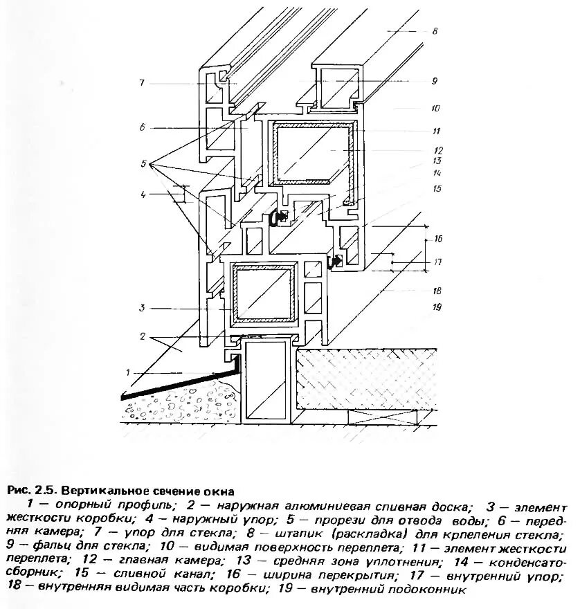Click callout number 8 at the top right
[x=435, y=31]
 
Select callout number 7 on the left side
[x=141, y=83]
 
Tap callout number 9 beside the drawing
[x=435, y=81]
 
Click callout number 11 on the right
[x=436, y=131]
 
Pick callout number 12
[x=437, y=150]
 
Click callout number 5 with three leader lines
[x=143, y=164]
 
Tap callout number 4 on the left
[x=143, y=195]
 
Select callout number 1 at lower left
[x=128, y=373]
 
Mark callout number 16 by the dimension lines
[x=437, y=239]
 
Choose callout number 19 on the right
[x=437, y=307]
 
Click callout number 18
[x=437, y=291]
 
